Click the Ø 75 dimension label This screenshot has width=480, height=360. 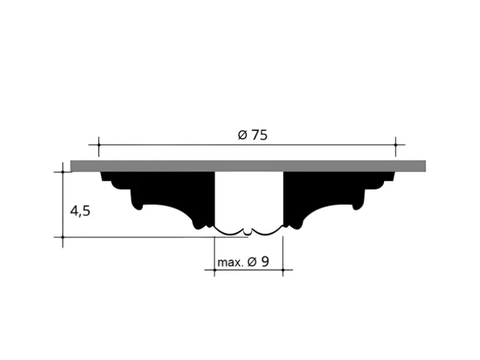tap(252, 135)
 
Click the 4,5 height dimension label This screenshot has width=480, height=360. tap(80, 211)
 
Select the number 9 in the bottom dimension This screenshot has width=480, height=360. tap(265, 262)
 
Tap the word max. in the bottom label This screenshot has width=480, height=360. tap(230, 262)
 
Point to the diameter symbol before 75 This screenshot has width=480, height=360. tap(242, 135)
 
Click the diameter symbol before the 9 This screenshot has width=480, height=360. tap(252, 262)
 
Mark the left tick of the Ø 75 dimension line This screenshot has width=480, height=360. tap(98, 144)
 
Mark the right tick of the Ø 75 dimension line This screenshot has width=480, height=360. tap(395, 144)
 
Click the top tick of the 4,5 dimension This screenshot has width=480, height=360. tap(63, 172)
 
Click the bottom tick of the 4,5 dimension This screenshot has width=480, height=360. tap(63, 237)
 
